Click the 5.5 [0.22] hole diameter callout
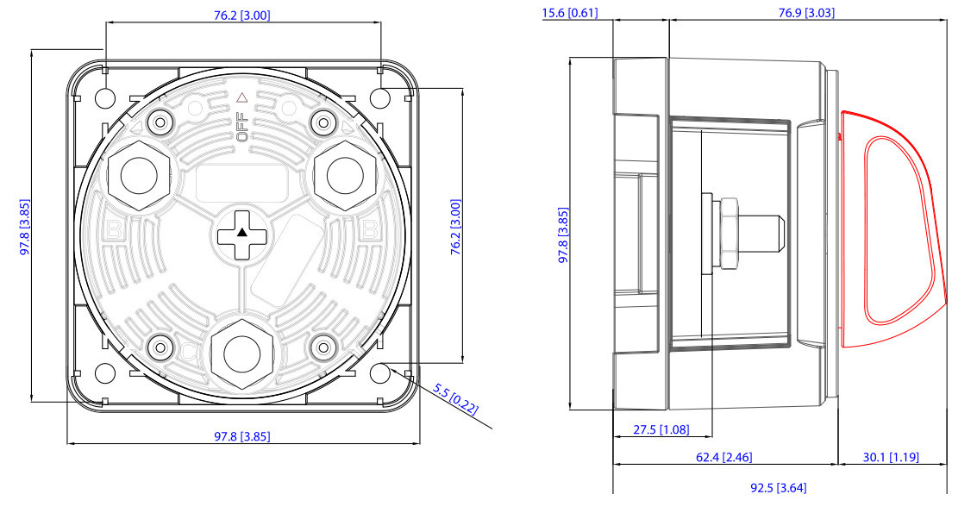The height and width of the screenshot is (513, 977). (x=456, y=399)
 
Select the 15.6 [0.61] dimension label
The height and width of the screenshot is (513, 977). (x=569, y=12)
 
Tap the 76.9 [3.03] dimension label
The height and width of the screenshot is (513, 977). (x=806, y=12)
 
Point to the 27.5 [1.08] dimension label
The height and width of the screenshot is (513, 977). (x=661, y=429)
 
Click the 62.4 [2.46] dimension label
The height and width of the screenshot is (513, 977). (x=724, y=457)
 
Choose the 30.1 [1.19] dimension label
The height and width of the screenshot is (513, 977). (x=891, y=457)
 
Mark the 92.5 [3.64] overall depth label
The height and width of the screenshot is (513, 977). (x=778, y=487)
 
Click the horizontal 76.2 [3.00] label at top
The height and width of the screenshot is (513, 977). (x=242, y=15)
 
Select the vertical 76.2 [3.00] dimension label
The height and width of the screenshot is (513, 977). (x=455, y=227)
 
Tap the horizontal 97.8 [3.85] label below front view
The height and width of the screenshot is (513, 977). (x=242, y=436)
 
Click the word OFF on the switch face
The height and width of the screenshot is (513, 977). (x=241, y=127)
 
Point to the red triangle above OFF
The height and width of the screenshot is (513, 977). (x=242, y=97)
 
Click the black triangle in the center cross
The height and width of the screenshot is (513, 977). (x=242, y=233)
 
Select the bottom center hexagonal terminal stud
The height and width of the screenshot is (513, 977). (x=241, y=354)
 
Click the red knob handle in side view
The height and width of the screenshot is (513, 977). (x=892, y=229)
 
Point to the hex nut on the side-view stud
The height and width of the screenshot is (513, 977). (x=728, y=234)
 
